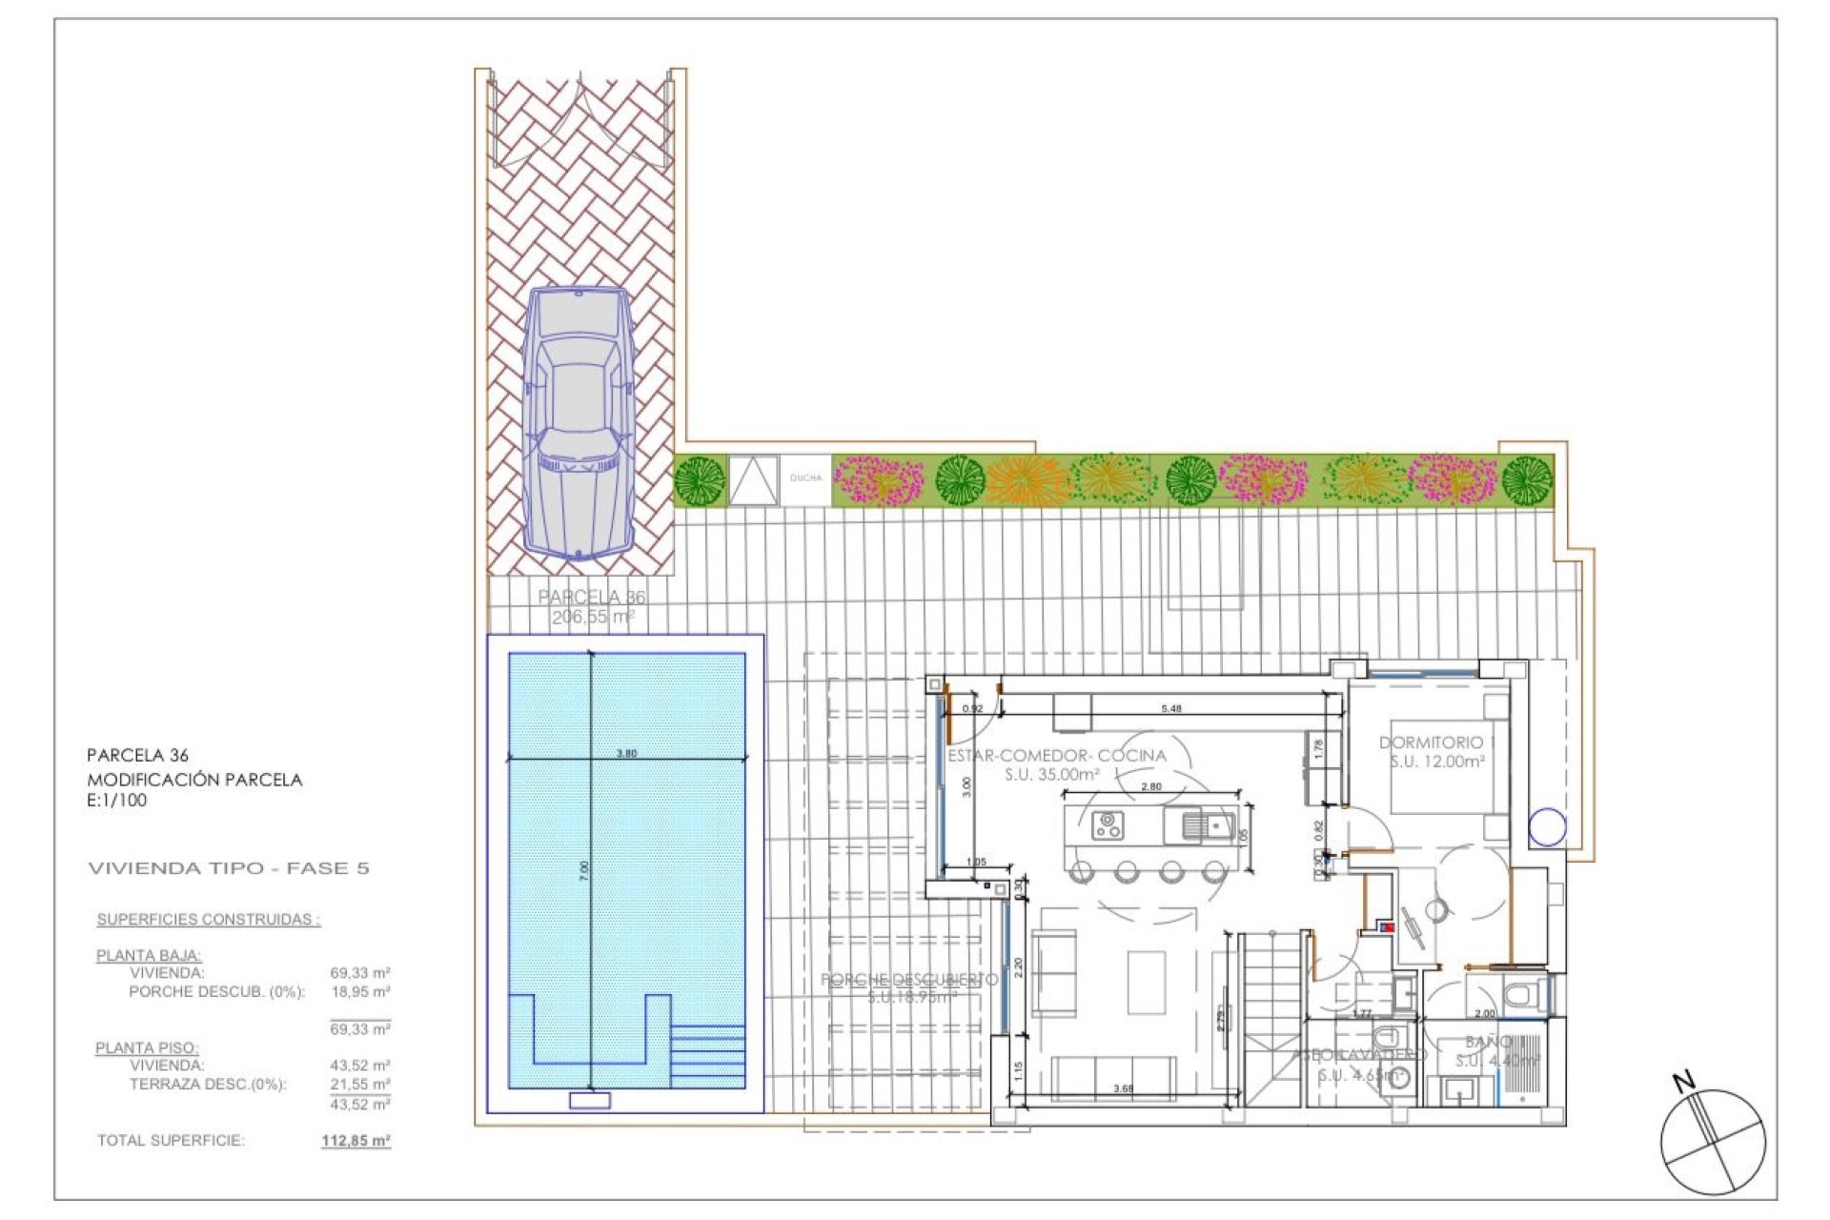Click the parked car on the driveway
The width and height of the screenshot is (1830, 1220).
pyautogui.click(x=579, y=422)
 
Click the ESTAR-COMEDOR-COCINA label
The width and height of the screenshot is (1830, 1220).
pyautogui.click(x=1056, y=756)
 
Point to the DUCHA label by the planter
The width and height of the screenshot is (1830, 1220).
pyautogui.click(x=805, y=478)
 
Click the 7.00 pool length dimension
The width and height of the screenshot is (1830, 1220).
pyautogui.click(x=584, y=870)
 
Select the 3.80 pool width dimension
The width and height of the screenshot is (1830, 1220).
pyautogui.click(x=626, y=753)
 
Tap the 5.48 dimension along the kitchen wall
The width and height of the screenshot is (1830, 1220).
pyautogui.click(x=1170, y=709)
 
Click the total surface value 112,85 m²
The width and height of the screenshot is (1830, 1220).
pyautogui.click(x=356, y=1141)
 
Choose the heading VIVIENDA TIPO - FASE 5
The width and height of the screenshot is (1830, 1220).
pyautogui.click(x=228, y=868)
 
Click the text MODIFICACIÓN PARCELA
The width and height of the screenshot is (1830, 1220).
pyautogui.click(x=194, y=780)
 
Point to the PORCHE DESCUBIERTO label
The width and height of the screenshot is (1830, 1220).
pyautogui.click(x=908, y=980)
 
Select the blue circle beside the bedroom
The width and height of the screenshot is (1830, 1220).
pyautogui.click(x=1547, y=827)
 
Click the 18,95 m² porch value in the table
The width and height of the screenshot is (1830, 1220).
pyautogui.click(x=359, y=992)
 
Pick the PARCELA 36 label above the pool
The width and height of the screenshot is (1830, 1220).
pyautogui.click(x=591, y=598)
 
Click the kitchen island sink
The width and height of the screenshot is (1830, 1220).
pyautogui.click(x=1208, y=825)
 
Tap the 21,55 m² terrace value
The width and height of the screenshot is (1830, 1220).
pyautogui.click(x=359, y=1085)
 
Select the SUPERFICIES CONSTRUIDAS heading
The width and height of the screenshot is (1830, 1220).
pyautogui.click(x=208, y=920)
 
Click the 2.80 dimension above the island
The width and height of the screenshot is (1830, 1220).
pyautogui.click(x=1150, y=787)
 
